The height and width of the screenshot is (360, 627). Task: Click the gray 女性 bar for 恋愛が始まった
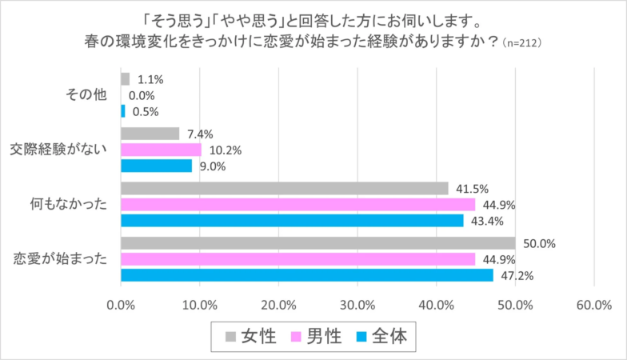[x=317, y=243]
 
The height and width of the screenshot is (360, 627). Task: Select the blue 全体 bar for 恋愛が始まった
[x=306, y=275]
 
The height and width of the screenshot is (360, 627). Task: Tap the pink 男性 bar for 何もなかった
[x=298, y=204]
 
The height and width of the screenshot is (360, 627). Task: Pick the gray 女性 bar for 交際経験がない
[x=150, y=134]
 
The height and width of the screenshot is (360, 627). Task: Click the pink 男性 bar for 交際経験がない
[x=161, y=150]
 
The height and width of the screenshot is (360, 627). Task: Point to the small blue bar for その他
[x=123, y=111]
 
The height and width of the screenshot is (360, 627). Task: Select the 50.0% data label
[x=539, y=243]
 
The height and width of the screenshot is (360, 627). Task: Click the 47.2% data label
[x=517, y=276]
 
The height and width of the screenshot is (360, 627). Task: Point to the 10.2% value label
[x=226, y=150]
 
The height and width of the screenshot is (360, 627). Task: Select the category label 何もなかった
[x=72, y=204]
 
